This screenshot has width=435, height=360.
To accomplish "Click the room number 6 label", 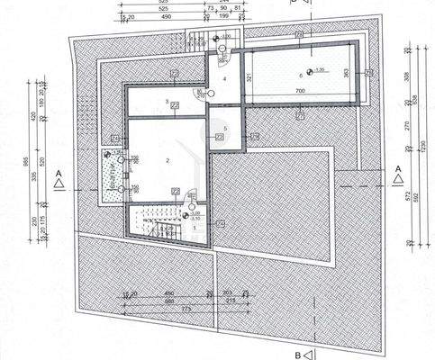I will [297, 76].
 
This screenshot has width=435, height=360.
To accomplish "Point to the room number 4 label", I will [224, 78].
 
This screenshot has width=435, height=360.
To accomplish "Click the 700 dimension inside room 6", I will [299, 92].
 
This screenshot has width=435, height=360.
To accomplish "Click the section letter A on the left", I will [58, 170].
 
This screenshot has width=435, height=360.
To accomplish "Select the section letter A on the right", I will [397, 169].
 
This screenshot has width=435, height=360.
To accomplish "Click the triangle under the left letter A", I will [58, 183].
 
